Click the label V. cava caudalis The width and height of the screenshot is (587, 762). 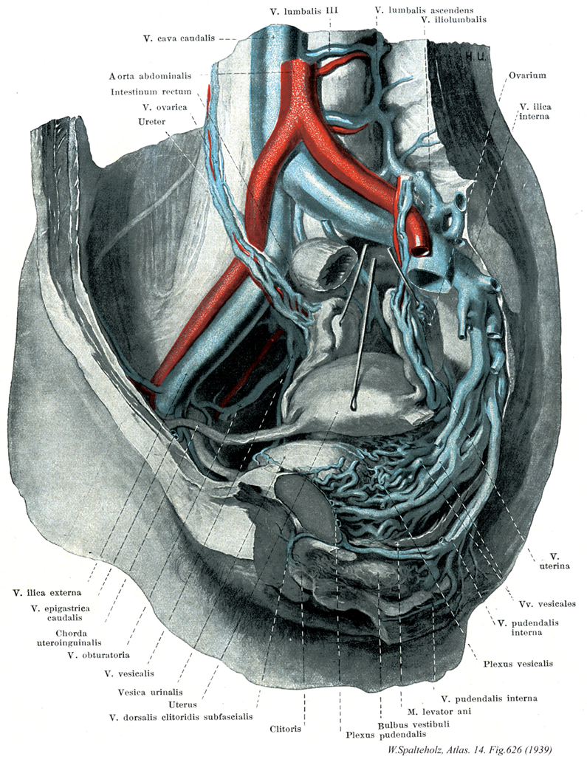(180, 38)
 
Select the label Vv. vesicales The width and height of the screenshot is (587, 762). (546, 603)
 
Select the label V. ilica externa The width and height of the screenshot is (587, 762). (48, 592)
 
